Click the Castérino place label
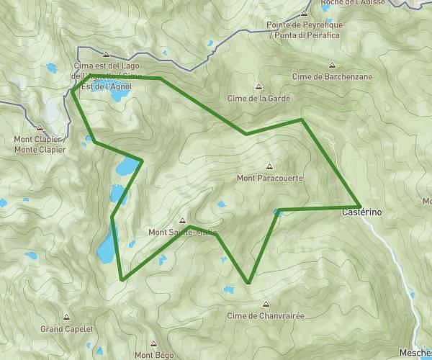coord(361,214)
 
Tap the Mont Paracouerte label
coord(269,177)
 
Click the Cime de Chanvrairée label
coord(266,315)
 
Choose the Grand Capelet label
coord(67,328)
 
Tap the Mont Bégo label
coord(155,354)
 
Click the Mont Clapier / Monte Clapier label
coord(40,145)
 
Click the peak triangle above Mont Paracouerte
coord(270,165)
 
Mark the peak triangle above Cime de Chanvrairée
coord(266,304)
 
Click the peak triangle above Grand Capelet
coord(67,317)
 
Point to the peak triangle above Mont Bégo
coord(154,343)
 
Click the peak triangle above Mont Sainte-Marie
coord(182,220)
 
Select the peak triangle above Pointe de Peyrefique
coord(305,13)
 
